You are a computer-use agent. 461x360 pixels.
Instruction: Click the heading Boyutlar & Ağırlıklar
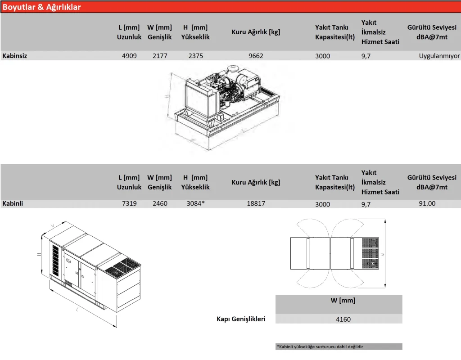click(x=42, y=7)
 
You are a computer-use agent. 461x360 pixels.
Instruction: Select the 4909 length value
click(x=129, y=56)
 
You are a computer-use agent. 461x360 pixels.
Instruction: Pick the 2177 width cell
click(x=159, y=56)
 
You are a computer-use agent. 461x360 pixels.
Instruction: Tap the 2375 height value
click(x=195, y=56)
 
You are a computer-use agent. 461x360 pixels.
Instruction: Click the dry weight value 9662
click(x=256, y=56)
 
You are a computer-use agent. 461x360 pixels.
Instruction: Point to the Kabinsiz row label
click(x=15, y=56)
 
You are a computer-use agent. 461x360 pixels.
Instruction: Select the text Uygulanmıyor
click(x=439, y=56)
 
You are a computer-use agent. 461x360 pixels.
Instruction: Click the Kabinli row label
click(x=13, y=203)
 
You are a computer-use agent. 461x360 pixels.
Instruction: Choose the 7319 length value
click(x=129, y=203)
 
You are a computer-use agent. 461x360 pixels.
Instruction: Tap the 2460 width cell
click(x=159, y=203)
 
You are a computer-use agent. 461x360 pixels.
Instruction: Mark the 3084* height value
click(x=195, y=203)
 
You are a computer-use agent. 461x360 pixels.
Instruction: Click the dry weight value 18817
click(x=256, y=203)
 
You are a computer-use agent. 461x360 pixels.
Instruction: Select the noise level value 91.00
click(x=427, y=203)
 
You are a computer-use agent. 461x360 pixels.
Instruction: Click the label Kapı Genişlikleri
click(x=241, y=319)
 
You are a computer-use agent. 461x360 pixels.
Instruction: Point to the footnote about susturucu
click(x=320, y=346)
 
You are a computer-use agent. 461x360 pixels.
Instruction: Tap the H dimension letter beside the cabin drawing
click(x=40, y=255)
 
